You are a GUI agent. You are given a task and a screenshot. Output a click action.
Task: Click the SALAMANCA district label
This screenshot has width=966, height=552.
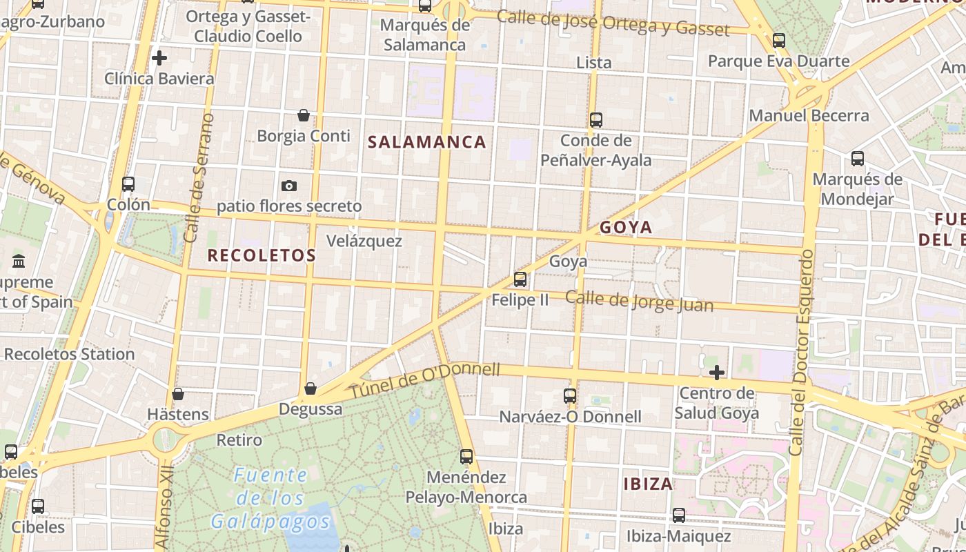coord(427,142)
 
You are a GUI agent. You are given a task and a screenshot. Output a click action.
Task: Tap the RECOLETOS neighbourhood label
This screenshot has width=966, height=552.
coord(262,255)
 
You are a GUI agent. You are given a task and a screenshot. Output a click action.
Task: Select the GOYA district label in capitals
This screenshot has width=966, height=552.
coord(626,227)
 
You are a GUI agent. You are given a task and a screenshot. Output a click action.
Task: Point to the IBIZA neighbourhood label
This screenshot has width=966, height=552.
coord(648,484)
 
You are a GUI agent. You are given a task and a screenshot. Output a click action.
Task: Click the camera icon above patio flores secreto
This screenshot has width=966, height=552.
coord(289,186)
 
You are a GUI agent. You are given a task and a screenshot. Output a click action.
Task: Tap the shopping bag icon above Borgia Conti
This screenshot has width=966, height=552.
coord(303,115)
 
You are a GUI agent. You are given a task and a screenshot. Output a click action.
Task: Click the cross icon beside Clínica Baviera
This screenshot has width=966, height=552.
coord(159,58)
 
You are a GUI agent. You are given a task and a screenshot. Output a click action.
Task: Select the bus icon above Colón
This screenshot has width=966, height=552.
coord(128,184)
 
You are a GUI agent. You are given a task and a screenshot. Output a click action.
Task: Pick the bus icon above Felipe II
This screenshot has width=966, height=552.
coord(520,279)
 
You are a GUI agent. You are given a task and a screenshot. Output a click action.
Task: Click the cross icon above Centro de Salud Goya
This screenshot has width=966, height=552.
coord(717,373)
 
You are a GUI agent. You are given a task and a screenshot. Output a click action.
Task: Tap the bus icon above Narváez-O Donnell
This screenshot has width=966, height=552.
coord(570,396)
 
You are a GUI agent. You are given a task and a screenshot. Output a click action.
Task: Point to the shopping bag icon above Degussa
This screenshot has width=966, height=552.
coord(310,388)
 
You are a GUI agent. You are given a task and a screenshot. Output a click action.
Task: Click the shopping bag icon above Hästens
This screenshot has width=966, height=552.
coord(178,394)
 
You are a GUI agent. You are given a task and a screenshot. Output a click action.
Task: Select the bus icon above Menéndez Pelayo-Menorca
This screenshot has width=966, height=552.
coord(466,456)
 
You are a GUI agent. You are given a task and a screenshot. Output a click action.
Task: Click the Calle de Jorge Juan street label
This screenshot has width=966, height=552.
coord(639,301)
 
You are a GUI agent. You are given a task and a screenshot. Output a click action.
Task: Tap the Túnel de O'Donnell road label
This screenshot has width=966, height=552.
coord(424,379)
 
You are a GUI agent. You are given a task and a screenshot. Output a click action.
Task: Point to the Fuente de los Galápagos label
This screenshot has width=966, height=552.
coord(270,498)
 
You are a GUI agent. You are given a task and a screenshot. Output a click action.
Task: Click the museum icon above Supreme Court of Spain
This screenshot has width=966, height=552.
coord(19,262)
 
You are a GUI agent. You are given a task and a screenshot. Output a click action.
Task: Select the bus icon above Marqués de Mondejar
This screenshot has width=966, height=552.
coord(858,159)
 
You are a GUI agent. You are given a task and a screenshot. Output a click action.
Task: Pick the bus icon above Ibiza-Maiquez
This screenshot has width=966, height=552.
coord(679,515)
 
